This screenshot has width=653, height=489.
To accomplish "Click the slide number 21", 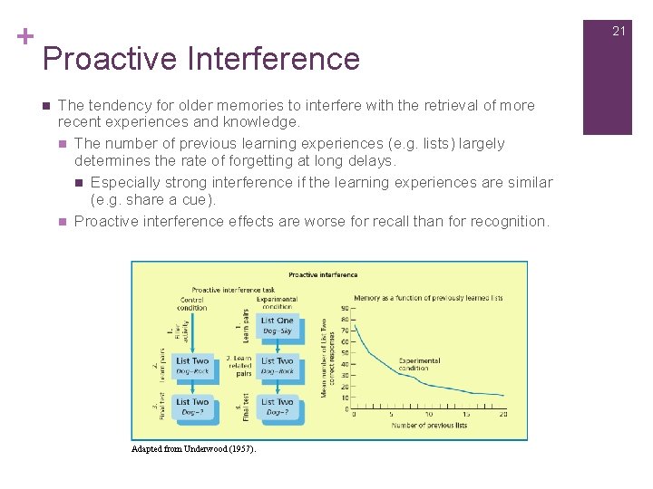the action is tap(619, 31).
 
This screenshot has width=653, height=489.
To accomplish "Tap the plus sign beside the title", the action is tap(25, 37).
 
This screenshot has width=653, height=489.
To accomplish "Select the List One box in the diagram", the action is tap(278, 326).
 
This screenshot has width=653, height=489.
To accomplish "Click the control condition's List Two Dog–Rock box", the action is tap(191, 366).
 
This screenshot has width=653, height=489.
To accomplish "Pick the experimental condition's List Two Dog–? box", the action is tap(278, 407).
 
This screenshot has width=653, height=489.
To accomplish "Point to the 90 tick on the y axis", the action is tap(345, 310).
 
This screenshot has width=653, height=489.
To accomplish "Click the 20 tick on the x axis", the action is tap(502, 416).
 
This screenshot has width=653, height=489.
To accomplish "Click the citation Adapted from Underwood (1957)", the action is tap(193, 449).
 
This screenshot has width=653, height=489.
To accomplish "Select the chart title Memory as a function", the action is tap(428, 297).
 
